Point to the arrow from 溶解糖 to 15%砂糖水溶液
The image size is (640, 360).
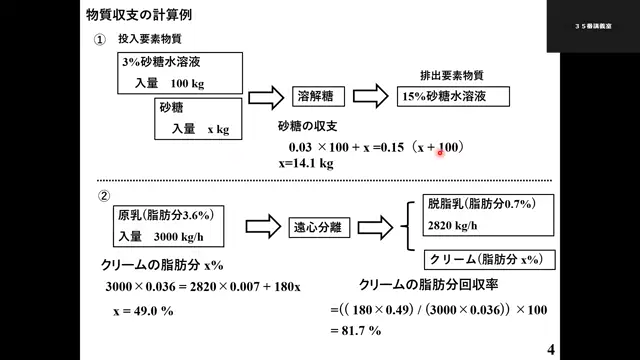(x=370, y=97)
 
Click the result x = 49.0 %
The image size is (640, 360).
(x=143, y=310)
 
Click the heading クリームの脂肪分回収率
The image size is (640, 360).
(x=430, y=284)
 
